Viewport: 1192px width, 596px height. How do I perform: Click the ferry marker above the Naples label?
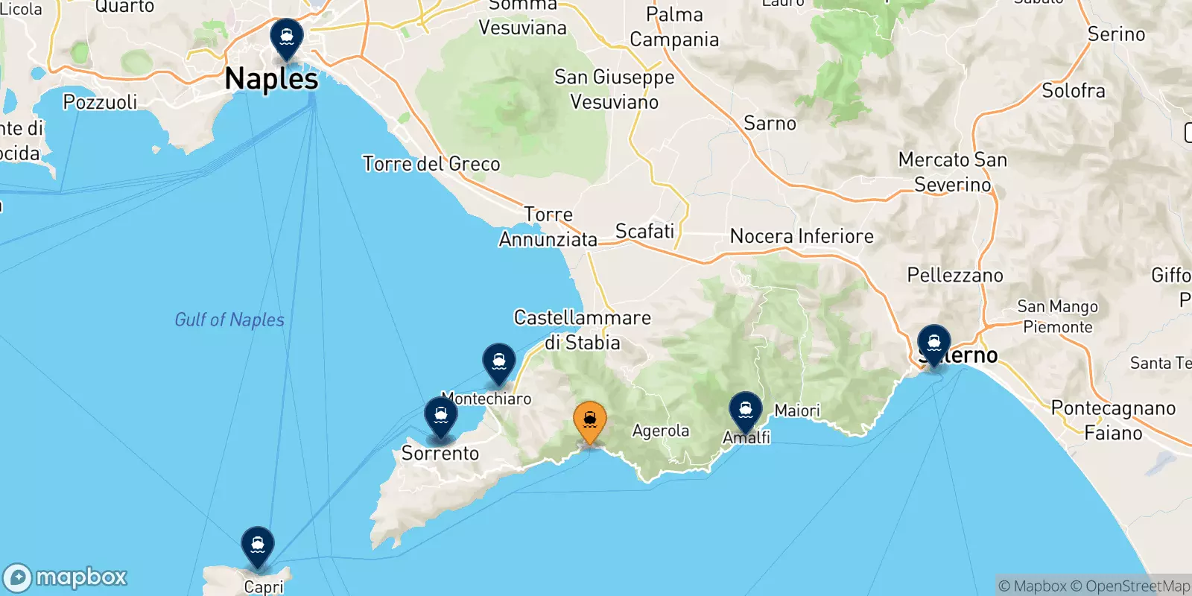pos(287,37)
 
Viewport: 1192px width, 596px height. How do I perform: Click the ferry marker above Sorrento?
pos(441,416)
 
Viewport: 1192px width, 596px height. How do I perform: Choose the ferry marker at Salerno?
pos(933,344)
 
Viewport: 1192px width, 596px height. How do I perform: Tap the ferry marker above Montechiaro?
pos(499,362)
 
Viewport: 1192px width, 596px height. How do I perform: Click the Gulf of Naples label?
pos(229,320)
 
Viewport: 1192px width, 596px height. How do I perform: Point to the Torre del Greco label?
pos(431,164)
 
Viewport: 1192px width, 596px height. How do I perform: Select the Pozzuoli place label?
pos(101,102)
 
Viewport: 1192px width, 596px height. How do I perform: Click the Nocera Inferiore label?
pos(802,236)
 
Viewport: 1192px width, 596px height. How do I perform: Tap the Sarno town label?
pos(770,124)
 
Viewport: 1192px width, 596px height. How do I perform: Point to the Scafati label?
pos(644,232)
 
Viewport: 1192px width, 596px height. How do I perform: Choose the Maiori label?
pos(797,410)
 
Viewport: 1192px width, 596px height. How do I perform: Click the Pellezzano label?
pos(955,276)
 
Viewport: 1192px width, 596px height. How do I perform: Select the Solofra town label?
pos(1074,91)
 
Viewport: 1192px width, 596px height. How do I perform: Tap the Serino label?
pos(1116,34)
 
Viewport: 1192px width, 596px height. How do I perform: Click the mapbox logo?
pos(66,577)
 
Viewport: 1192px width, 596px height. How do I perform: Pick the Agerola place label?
pos(661,431)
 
